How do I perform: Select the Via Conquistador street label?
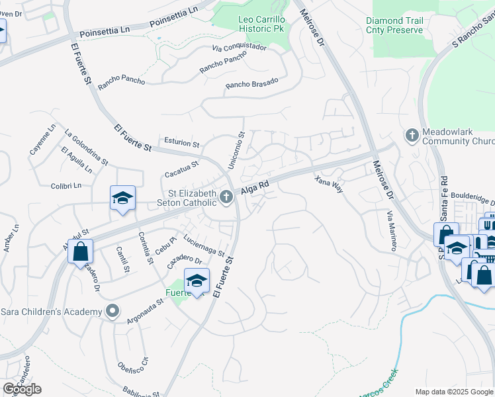(239, 48)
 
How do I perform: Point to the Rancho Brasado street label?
(251, 84)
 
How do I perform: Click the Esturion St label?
(181, 143)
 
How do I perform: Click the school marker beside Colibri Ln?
(122, 198)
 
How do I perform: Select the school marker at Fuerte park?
(196, 281)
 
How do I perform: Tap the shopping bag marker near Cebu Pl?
(80, 251)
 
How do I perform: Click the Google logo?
(22, 389)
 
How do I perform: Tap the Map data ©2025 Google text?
(453, 392)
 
